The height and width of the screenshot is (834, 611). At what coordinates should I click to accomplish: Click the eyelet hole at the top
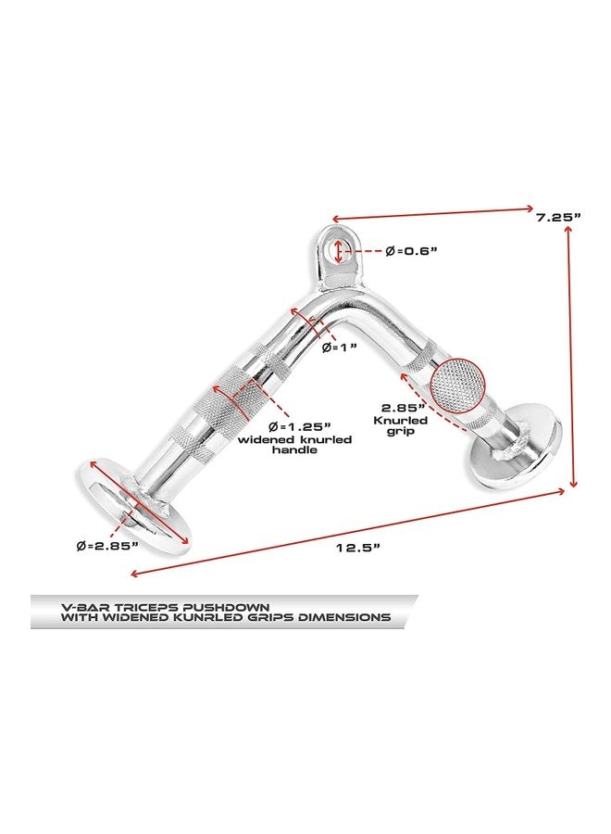(340, 249)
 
